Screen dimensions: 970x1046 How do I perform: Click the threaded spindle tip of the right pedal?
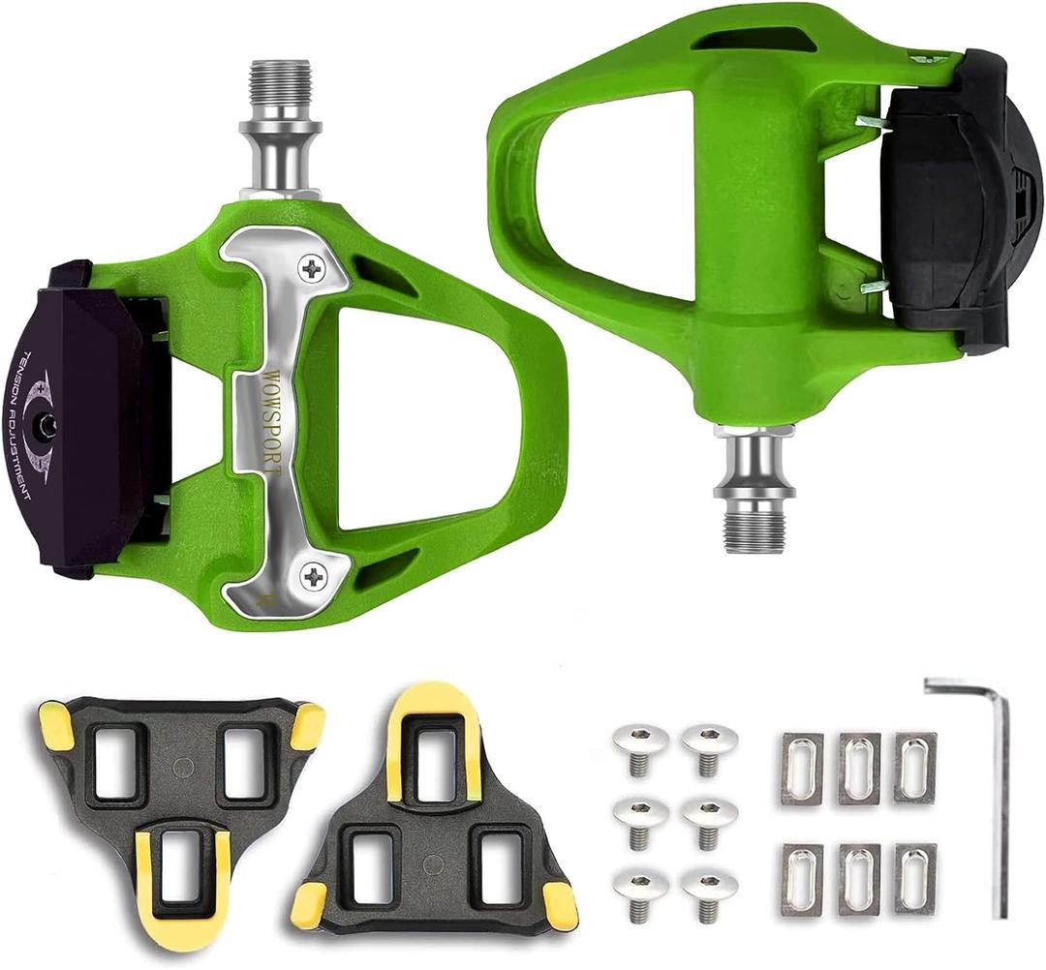pyautogui.click(x=754, y=527)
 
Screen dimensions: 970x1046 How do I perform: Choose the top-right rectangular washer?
pyautogui.click(x=915, y=768)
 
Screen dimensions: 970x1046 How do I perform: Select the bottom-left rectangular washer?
pyautogui.click(x=802, y=879)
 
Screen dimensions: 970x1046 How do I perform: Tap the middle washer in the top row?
pyautogui.click(x=859, y=769)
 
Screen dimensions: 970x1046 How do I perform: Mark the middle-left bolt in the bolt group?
pyautogui.click(x=638, y=815)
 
